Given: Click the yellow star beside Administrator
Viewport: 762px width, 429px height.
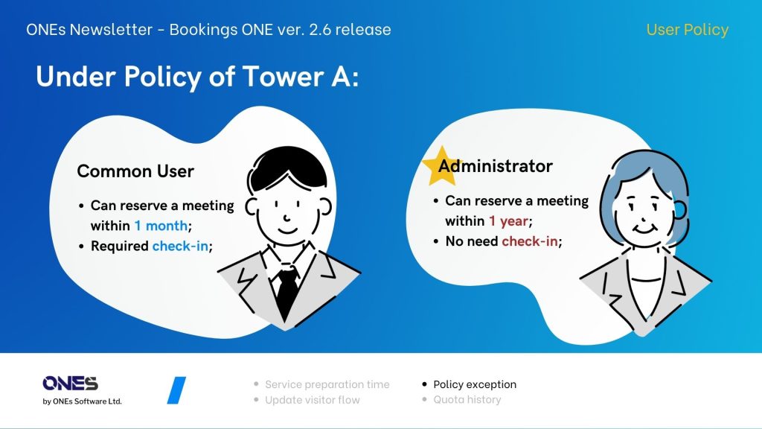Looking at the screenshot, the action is click(441, 167).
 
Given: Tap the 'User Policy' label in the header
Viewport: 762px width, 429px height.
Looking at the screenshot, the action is click(687, 30).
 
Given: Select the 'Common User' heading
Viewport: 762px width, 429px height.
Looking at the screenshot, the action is click(135, 171).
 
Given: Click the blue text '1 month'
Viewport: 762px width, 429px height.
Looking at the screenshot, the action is click(161, 226).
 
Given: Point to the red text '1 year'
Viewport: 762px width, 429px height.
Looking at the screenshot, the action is click(508, 221).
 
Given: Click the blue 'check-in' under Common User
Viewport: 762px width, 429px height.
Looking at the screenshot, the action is click(180, 246).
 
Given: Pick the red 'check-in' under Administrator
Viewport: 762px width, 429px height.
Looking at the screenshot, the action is click(530, 241).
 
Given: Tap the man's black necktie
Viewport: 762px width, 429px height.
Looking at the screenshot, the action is click(287, 292).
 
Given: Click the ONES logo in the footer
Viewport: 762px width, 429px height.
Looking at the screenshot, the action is click(71, 384).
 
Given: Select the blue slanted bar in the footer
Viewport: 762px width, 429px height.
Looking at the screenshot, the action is click(176, 390).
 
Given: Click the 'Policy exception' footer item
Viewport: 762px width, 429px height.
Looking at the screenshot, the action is click(475, 384).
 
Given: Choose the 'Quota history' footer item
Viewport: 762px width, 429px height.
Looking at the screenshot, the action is click(467, 400).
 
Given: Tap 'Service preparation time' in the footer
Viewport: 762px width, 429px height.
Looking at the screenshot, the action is click(327, 384).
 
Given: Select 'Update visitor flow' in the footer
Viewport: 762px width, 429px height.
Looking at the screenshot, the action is click(313, 400).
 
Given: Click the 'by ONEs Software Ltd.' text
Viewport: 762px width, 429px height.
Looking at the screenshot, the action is click(82, 401).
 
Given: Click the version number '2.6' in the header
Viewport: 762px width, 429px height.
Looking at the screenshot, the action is click(320, 30).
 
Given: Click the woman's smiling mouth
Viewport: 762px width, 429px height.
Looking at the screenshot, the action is click(645, 228).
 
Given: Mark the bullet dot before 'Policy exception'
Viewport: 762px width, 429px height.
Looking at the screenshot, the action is click(424, 384).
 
